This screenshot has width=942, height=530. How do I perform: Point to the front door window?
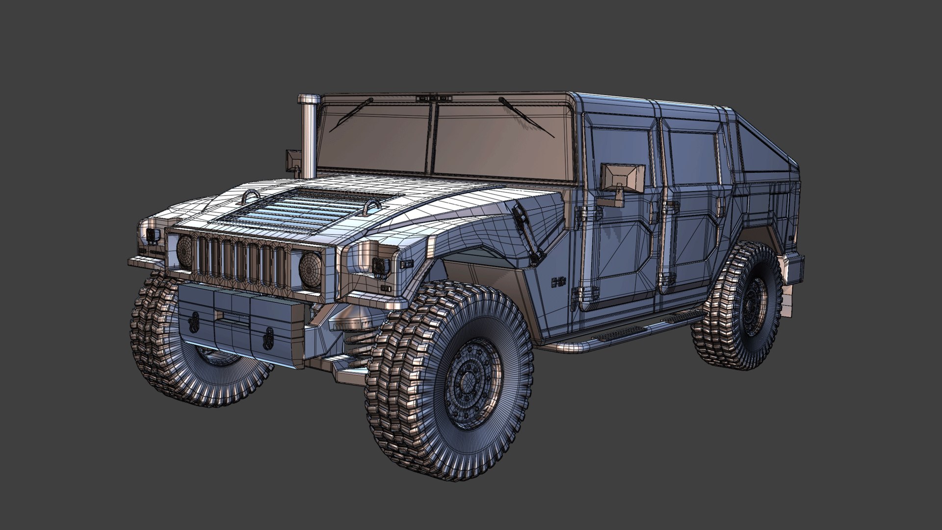(621, 157)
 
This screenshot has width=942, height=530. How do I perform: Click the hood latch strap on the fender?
(530, 234)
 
